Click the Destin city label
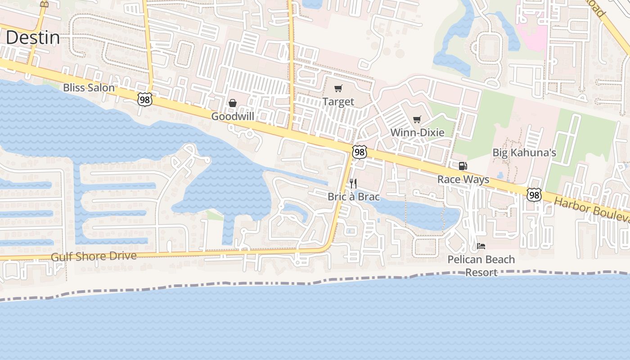point(32,38)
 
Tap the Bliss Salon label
point(89,88)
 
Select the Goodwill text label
point(233,117)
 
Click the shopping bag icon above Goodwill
point(233,103)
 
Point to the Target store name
point(338,102)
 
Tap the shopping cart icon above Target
point(338,89)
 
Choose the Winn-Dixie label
point(417,133)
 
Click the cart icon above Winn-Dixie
point(417,119)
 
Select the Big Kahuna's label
point(524,153)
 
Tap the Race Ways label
point(463,180)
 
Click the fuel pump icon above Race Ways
point(463,166)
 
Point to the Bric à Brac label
point(354,197)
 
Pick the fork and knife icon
point(354,183)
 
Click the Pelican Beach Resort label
point(481,266)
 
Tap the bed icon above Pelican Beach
point(481,246)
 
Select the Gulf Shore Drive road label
point(94,256)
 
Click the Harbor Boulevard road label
point(592,209)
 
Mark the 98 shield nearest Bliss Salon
point(145,100)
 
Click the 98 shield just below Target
point(359,152)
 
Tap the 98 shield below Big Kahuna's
point(534,195)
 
